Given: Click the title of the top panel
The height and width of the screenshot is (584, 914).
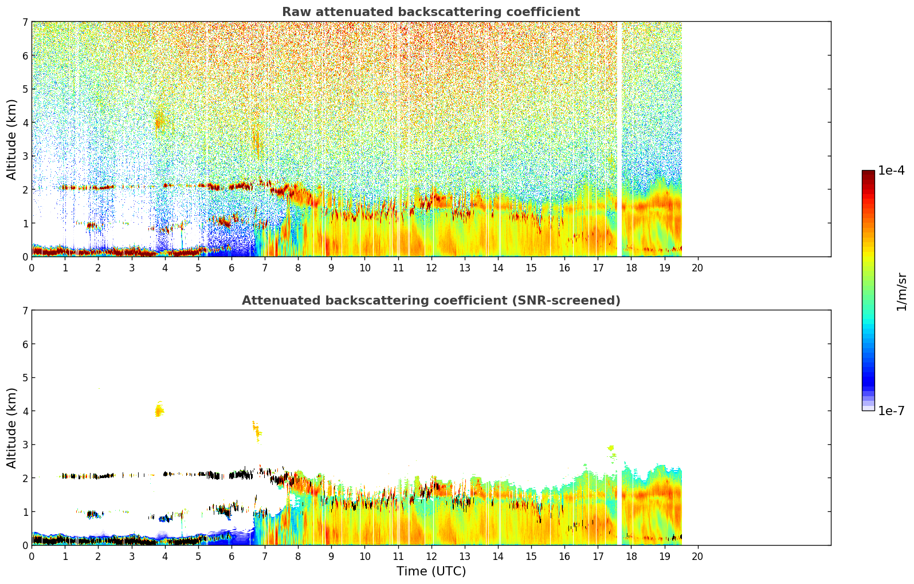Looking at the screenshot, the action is coord(431,12).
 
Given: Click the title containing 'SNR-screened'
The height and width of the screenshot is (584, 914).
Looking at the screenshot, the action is coord(431,300).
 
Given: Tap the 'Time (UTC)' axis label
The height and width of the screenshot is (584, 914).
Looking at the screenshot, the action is coord(431,571).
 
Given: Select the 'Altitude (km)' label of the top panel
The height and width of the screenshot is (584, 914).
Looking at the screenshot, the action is coord(11,139).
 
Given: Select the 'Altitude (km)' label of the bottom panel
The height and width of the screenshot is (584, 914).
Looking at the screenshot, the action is coord(11,428).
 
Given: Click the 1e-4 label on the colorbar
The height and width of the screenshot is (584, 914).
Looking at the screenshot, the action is coord(891,170).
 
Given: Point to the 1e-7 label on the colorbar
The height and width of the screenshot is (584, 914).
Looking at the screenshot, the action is coord(891,411).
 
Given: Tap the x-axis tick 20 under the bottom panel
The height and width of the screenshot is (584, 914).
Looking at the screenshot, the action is coord(698,556).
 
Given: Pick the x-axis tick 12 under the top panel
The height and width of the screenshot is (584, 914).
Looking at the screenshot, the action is coord(431,267).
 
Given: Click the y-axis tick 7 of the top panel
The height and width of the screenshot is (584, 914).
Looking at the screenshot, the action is coord(25,22).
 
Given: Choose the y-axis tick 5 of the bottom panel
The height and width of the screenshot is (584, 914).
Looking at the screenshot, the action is coord(25,378).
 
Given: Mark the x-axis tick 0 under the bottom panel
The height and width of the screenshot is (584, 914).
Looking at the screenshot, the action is coord(32,556).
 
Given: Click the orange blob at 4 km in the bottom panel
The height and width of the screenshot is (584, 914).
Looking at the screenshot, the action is coord(159,409).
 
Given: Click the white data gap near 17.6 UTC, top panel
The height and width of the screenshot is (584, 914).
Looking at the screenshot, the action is coord(619,139).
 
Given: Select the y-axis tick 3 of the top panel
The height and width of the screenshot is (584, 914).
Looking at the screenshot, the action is coord(25,156).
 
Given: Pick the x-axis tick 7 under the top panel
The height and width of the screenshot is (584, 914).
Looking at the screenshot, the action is coord(265,267).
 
